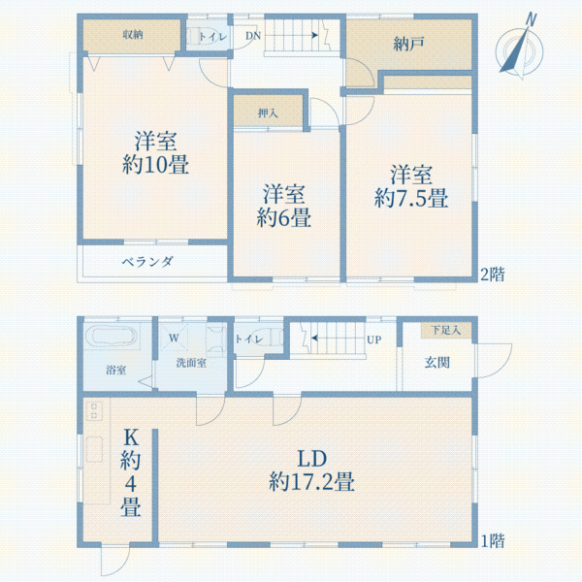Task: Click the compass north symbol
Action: (519, 46)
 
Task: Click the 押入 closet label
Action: (269, 113)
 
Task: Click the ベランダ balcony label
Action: (147, 262)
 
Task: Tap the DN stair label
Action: (253, 37)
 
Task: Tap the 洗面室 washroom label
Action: (191, 363)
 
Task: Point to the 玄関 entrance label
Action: (436, 362)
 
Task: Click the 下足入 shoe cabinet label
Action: (446, 330)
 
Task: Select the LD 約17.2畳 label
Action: (310, 469)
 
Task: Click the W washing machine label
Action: (174, 338)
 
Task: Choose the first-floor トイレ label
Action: (248, 339)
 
